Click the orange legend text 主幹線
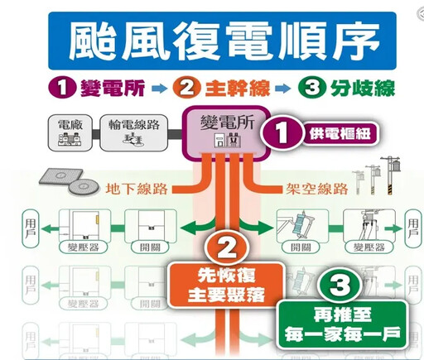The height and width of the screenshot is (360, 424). (x=224, y=86)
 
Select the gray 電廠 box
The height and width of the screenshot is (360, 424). (x=64, y=133)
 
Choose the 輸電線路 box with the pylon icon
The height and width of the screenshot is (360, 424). (x=133, y=133)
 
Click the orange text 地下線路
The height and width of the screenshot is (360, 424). (x=137, y=188)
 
